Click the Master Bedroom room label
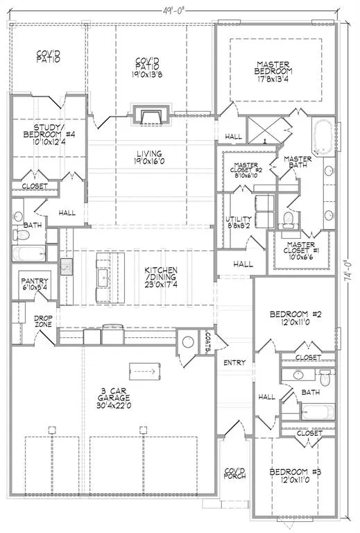click(273, 71)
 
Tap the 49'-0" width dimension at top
click(173, 10)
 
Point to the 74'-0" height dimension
click(347, 271)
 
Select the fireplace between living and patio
click(151, 115)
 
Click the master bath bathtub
click(323, 136)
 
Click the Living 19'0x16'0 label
click(149, 158)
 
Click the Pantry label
click(35, 284)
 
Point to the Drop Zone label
click(43, 321)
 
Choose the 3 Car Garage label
click(114, 398)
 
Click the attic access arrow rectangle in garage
click(145, 371)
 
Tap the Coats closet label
click(208, 342)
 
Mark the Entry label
click(234, 363)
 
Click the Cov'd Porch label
click(234, 473)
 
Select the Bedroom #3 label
click(295, 476)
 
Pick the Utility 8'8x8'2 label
click(239, 222)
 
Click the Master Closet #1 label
click(301, 251)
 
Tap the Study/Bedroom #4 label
click(49, 134)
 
